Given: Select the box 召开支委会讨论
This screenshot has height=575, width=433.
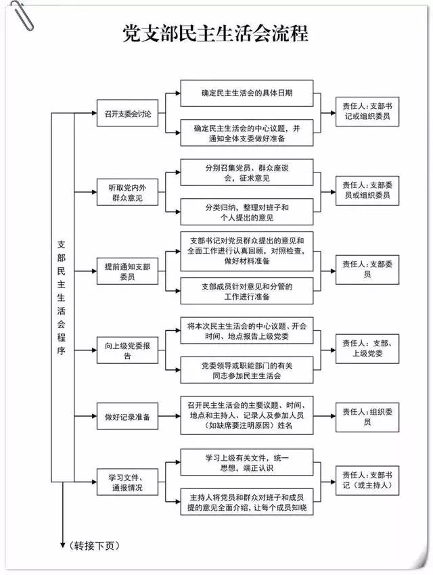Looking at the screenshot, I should (127, 113).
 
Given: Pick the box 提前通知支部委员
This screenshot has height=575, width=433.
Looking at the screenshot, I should (127, 271).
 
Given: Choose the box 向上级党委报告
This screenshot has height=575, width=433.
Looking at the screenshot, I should (127, 350).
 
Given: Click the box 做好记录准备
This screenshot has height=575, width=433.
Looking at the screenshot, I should (127, 417).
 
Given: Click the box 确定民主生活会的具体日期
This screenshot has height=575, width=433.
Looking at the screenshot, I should (246, 93).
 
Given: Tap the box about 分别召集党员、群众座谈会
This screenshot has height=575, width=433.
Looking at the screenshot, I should (246, 172).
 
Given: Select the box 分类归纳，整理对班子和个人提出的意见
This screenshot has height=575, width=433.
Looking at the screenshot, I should (246, 212).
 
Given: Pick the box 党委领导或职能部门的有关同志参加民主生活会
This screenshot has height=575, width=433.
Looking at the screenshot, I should (246, 369).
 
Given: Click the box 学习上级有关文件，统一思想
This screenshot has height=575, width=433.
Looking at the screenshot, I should (246, 463).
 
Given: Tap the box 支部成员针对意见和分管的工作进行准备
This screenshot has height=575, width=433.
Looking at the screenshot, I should (246, 290).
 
